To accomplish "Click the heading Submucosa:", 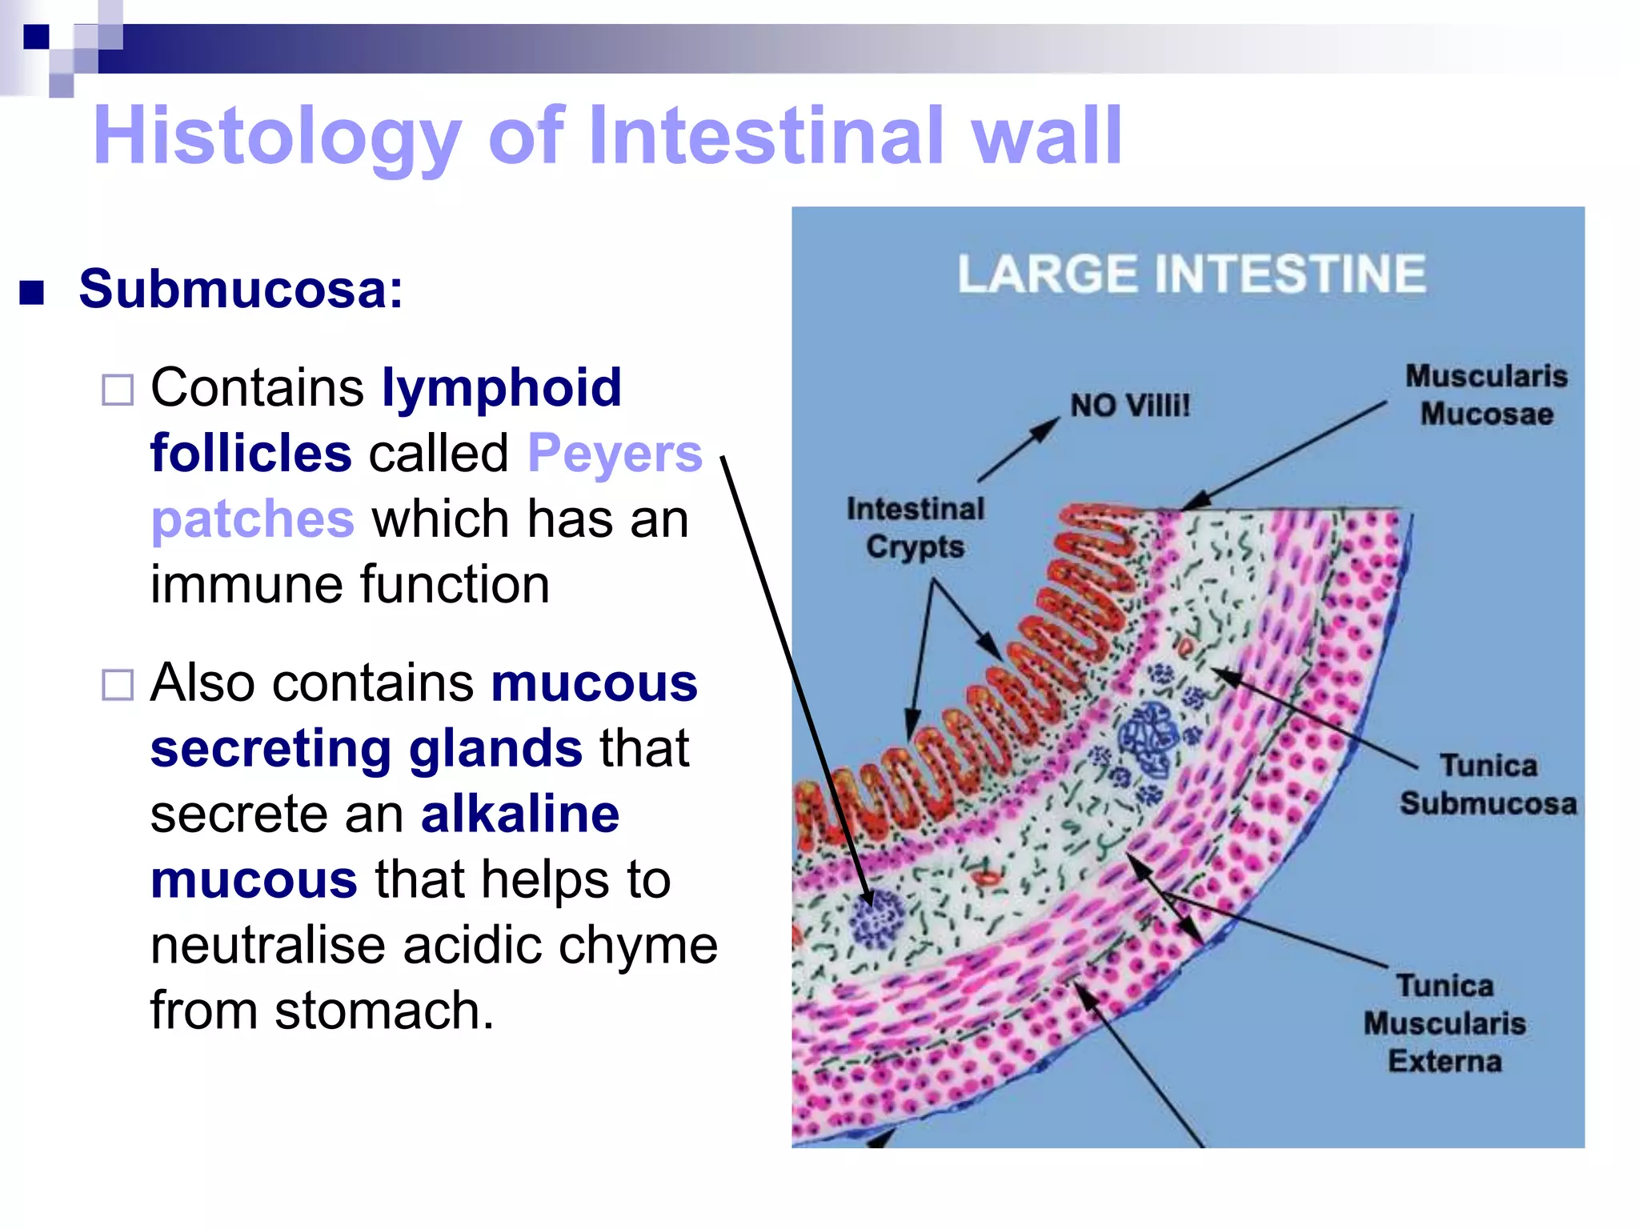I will (x=241, y=289).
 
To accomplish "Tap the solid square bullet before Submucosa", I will (x=32, y=293).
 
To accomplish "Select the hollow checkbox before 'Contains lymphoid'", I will (x=118, y=390).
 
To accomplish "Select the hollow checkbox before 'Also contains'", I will (x=118, y=685).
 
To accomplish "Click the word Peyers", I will (x=615, y=454).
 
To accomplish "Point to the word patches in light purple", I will (x=252, y=519).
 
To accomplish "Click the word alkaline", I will (x=520, y=815).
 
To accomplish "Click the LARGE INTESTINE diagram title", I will (x=1192, y=274).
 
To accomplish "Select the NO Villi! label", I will (x=1130, y=406).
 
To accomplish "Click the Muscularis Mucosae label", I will (x=1486, y=395).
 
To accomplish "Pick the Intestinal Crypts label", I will (x=916, y=528).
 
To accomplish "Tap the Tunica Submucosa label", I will (x=1488, y=785).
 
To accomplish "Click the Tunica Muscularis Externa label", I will (x=1445, y=1023).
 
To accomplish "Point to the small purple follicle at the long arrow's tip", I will (x=878, y=919).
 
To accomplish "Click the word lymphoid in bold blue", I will (x=502, y=388).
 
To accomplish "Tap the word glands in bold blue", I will (x=495, y=749).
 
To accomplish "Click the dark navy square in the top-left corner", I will (x=36, y=37).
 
